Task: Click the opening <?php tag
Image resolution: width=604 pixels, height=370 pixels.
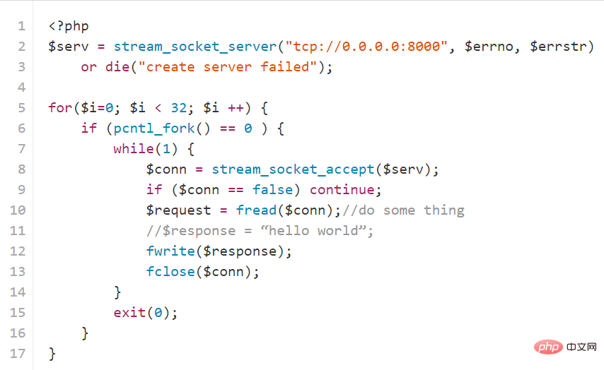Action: (69, 26)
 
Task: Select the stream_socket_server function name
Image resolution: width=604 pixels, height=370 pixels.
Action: (195, 47)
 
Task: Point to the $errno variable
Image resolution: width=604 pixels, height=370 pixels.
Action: (489, 47)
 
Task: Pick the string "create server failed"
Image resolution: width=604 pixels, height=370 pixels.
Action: (228, 67)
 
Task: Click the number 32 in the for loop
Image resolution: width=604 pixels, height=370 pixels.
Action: (179, 108)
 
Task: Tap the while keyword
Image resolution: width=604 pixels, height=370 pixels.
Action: (134, 148)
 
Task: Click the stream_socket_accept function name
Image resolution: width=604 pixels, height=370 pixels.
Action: (293, 169)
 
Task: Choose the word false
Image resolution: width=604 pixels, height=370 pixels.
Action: (273, 190)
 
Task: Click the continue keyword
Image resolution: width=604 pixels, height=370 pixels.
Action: (342, 190)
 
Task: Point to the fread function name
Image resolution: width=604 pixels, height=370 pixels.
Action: (256, 210)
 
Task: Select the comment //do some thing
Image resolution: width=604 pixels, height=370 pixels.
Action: (403, 210)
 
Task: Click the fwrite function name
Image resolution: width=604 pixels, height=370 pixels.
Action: (170, 251)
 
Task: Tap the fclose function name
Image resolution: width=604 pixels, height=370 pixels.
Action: (170, 272)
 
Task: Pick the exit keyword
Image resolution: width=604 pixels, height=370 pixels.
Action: (130, 312)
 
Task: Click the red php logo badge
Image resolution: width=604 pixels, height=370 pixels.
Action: (549, 347)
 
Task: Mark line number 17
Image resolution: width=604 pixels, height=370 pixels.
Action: (18, 354)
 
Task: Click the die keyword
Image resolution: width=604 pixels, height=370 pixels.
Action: (117, 67)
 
